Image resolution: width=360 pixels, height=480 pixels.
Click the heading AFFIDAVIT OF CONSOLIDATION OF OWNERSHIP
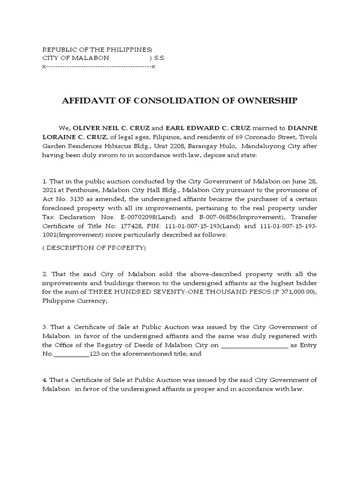coord(180,101)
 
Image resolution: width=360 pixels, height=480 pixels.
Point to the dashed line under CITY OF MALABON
coord(98,67)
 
